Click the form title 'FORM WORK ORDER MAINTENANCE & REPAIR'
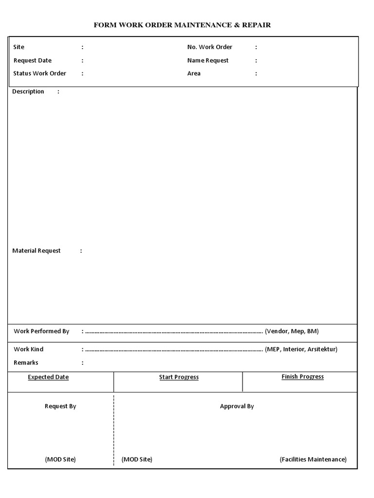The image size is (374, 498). (x=182, y=25)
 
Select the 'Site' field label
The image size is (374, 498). (x=19, y=47)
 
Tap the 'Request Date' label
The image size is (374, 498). (x=33, y=60)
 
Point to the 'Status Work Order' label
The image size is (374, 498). (x=40, y=73)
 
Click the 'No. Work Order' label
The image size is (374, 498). (x=209, y=47)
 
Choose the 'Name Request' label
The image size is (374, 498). (x=207, y=60)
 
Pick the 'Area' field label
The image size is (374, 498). (x=194, y=73)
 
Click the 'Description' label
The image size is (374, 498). (x=28, y=91)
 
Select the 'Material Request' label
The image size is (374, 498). (x=37, y=250)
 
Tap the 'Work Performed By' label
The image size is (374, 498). (x=41, y=331)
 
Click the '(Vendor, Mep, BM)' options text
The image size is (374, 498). (x=292, y=331)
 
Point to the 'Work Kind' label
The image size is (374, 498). (x=28, y=349)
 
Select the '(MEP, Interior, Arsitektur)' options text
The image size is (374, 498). (x=301, y=349)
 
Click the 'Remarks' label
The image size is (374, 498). (x=26, y=362)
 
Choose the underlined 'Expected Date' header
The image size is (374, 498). (x=48, y=377)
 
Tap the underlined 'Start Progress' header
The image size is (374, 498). (x=179, y=377)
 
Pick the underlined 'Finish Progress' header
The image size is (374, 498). (x=302, y=376)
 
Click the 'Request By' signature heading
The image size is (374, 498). (x=60, y=406)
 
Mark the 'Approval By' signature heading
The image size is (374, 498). (x=237, y=406)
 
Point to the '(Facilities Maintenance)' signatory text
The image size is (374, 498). (x=313, y=459)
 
